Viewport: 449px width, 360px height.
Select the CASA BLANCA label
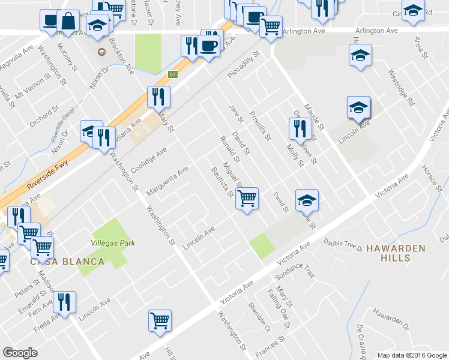pyautogui.click(x=67, y=262)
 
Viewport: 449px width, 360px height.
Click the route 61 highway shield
pyautogui.click(x=173, y=74)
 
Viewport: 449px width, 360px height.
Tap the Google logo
pyautogui.click(x=20, y=352)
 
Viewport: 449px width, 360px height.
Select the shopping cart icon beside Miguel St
pyautogui.click(x=247, y=197)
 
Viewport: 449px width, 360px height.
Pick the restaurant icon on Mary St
pyautogui.click(x=158, y=96)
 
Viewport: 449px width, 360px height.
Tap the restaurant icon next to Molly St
pyautogui.click(x=299, y=128)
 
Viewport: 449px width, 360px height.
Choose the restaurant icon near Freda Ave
pyautogui.click(x=64, y=301)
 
